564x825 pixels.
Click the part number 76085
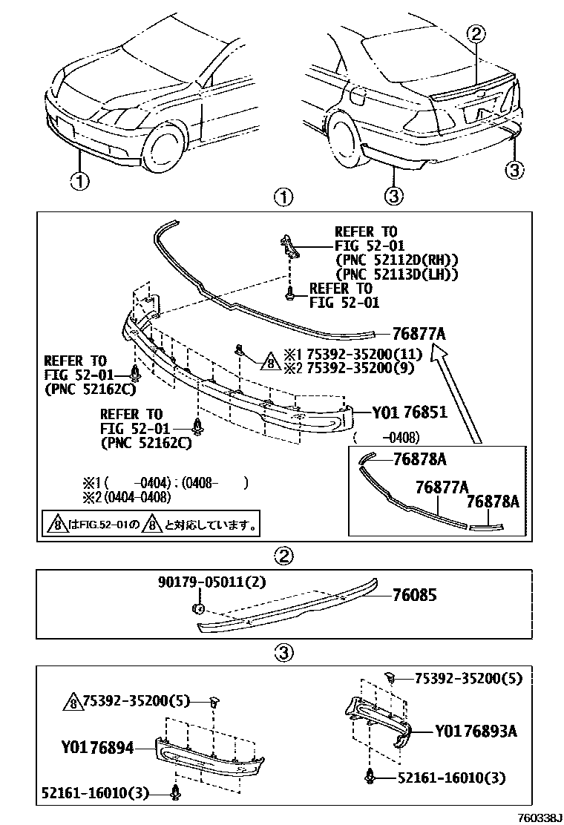416,595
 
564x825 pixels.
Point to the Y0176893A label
475,732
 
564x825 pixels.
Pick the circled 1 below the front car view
79,180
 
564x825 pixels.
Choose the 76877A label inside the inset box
442,487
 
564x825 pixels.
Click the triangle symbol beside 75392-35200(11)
269,361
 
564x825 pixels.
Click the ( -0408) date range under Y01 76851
386,436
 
